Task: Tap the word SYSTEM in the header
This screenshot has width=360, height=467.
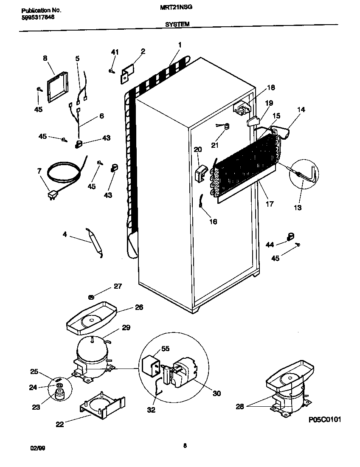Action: (x=177, y=25)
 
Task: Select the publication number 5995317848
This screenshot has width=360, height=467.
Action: (x=37, y=17)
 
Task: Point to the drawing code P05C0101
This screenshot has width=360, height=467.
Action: (x=325, y=419)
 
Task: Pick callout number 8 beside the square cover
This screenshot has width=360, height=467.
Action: (x=45, y=58)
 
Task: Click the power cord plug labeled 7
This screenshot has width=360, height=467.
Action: (x=52, y=195)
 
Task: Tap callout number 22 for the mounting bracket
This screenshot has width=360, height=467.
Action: (x=59, y=424)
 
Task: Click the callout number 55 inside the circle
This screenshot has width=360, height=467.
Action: (x=165, y=348)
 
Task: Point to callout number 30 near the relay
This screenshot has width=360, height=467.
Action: (x=217, y=393)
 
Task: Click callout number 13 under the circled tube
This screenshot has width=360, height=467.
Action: (x=297, y=207)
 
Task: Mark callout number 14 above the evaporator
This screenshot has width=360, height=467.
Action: (x=301, y=109)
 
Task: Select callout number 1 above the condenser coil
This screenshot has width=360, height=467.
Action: (x=180, y=45)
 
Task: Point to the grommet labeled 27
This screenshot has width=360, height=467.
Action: (x=91, y=297)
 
